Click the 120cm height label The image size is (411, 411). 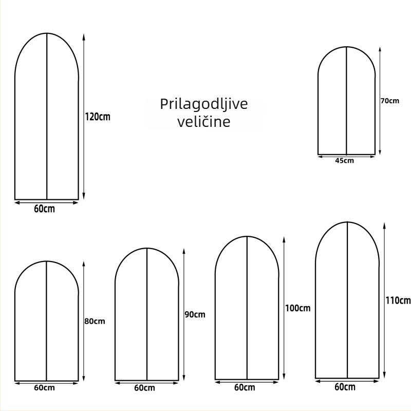click(x=98, y=117)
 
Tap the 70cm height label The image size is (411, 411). click(x=390, y=101)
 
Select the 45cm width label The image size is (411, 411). click(x=344, y=161)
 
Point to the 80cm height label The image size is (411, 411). click(x=95, y=321)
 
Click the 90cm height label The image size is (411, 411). click(x=195, y=314)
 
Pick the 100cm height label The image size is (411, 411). click(x=298, y=308)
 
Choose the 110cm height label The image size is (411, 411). click(x=398, y=301)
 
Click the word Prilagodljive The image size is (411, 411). click(x=203, y=105)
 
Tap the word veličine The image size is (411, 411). click(x=203, y=122)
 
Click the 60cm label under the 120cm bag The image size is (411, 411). click(x=44, y=209)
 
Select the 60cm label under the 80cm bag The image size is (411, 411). click(x=44, y=388)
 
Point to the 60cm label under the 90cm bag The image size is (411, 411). click(x=144, y=388)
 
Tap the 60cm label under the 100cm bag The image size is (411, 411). click(x=245, y=387)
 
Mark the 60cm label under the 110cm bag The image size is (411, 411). click(x=345, y=387)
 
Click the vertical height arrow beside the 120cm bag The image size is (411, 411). click(x=84, y=117)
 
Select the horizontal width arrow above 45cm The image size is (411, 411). click(x=346, y=157)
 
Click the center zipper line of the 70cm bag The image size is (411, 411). click(x=346, y=101)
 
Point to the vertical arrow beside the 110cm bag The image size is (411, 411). click(x=384, y=301)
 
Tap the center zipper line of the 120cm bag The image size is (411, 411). click(x=47, y=117)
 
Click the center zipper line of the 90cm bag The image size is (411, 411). click(x=147, y=314)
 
